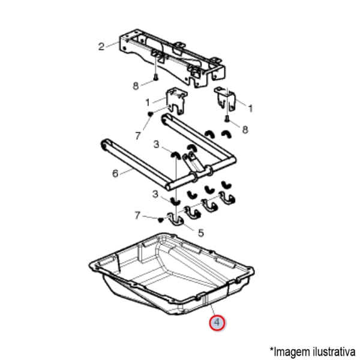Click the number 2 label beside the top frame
(101, 47)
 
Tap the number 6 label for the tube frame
(115, 173)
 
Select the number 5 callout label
(201, 233)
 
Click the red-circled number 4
(217, 323)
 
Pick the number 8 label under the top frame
(136, 86)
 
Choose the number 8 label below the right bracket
(245, 130)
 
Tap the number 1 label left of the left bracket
(148, 103)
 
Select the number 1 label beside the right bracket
(250, 109)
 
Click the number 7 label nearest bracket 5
(137, 215)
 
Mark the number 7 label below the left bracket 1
(137, 136)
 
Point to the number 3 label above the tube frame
(156, 145)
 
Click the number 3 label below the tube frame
(155, 194)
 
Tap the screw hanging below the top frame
(156, 77)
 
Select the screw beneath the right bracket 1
(227, 119)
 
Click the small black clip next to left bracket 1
(150, 113)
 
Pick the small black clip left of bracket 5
(161, 220)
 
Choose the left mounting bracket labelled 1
(176, 100)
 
